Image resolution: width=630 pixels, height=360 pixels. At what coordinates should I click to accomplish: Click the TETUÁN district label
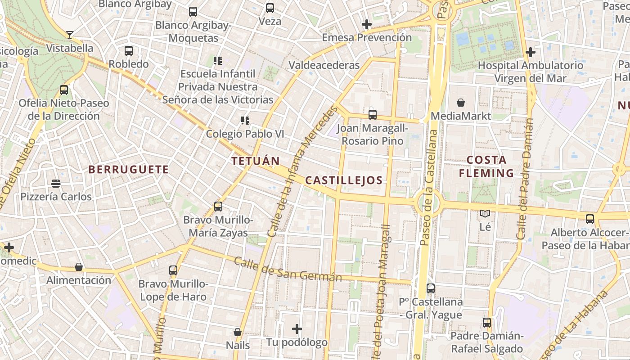pos(255,161)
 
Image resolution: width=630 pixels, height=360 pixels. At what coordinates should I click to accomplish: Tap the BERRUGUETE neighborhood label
pos(129,170)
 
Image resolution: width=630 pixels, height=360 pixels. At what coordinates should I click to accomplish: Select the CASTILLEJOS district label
pos(344,180)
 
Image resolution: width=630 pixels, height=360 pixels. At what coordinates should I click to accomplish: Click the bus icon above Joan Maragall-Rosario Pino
pos(372,114)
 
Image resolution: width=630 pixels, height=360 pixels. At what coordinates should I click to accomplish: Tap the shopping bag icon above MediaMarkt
pos(460,103)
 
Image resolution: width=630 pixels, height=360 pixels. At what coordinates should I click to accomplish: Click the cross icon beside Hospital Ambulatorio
pos(531,52)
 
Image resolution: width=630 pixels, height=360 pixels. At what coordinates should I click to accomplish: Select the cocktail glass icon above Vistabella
pos(70,35)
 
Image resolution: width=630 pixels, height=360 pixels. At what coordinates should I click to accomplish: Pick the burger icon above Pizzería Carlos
pos(56,183)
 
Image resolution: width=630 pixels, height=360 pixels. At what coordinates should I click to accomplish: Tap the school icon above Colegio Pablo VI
pos(245,120)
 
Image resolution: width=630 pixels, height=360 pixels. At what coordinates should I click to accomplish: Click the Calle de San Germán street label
pos(288,270)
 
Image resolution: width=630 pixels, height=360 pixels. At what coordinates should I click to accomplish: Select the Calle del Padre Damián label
pos(526,179)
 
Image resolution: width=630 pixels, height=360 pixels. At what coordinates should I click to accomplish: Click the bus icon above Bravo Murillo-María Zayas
pos(218,207)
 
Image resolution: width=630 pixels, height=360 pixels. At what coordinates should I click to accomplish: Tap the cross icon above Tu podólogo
pos(297,329)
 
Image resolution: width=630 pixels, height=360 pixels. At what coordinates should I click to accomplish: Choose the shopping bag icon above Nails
pos(238,332)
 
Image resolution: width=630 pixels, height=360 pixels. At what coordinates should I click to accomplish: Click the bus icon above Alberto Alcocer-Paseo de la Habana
pos(589,219)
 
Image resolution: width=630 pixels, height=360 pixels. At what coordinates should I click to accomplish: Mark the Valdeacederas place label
pos(324,65)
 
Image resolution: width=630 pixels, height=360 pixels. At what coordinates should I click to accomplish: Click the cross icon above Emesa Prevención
pos(367,24)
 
